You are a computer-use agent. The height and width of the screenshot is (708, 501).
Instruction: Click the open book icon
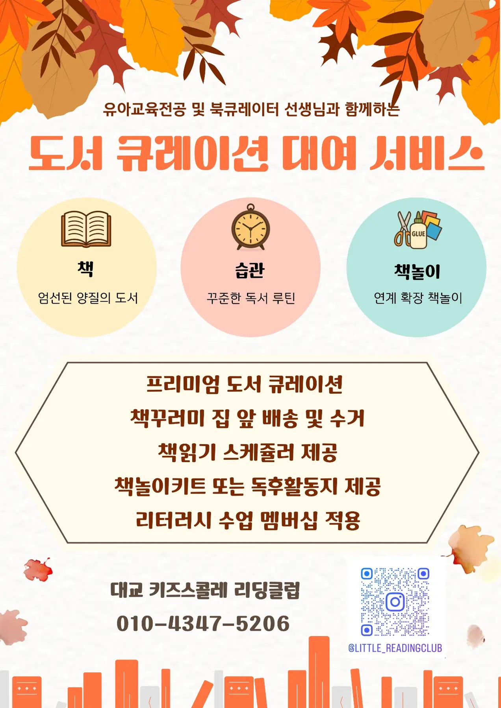(x=86, y=229)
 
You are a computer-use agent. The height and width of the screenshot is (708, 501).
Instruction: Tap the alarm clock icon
(x=250, y=227)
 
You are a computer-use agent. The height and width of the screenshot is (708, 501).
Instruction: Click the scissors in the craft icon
(x=403, y=229)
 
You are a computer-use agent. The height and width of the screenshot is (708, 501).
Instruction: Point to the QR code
(x=395, y=602)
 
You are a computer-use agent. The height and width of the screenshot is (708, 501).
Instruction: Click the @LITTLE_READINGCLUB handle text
(x=395, y=648)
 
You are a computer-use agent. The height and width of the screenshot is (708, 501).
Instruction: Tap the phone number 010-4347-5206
(x=203, y=623)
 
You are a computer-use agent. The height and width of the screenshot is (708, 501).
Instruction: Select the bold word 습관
(x=250, y=270)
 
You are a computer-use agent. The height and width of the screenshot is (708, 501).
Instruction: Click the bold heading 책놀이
(x=417, y=271)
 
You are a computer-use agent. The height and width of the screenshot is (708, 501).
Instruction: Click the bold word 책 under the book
(x=85, y=269)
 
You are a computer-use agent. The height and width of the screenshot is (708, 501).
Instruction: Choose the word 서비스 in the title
(x=427, y=153)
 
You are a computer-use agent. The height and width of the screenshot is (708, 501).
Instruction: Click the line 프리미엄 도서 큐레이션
(x=245, y=384)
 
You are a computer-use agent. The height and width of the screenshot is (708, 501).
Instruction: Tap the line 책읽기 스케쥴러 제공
(x=248, y=452)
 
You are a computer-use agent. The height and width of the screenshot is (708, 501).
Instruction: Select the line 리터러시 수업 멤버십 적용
(x=248, y=520)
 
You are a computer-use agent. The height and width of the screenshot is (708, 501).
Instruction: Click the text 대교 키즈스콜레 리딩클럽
(x=205, y=590)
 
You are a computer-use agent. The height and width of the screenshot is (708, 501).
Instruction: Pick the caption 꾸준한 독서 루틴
(x=251, y=298)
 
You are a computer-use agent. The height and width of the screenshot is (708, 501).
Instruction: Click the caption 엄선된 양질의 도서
(x=88, y=298)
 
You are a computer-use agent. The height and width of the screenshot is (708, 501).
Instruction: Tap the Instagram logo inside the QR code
(x=395, y=602)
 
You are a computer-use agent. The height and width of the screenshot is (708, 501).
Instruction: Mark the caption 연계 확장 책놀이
(x=418, y=298)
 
